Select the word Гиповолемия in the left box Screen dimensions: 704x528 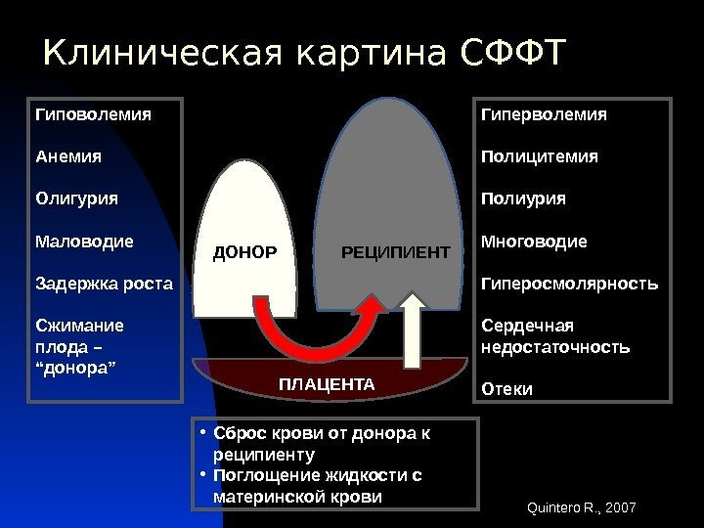click(x=93, y=114)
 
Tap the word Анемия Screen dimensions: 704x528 click(x=68, y=156)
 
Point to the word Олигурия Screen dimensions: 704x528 click(x=75, y=198)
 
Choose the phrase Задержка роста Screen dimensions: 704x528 click(x=103, y=284)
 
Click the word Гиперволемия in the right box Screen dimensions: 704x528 click(x=544, y=114)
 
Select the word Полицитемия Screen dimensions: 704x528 click(x=540, y=156)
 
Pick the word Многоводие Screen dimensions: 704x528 click(x=534, y=241)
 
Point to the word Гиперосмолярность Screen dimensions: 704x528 click(x=570, y=284)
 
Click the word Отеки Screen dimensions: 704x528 click(x=506, y=389)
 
